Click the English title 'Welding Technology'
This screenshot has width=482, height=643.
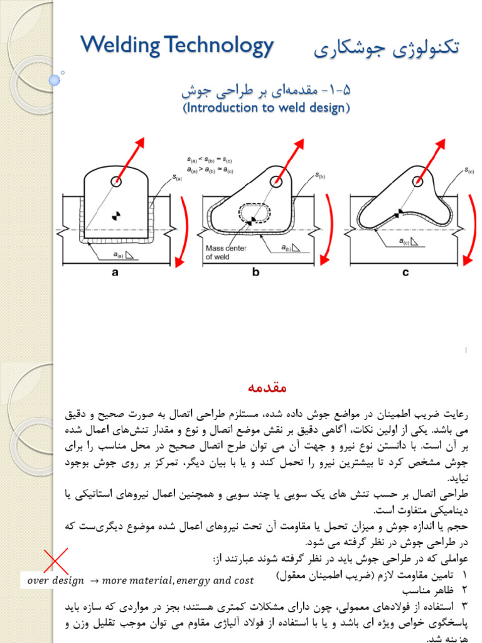[177, 46]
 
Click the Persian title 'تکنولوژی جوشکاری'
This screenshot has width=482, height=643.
[386, 48]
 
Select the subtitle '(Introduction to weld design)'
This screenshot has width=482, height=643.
[266, 107]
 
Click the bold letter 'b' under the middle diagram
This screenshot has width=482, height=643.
[255, 272]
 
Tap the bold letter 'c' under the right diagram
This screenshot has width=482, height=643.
[405, 272]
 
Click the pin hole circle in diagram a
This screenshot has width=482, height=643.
[117, 181]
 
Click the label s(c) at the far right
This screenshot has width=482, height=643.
[469, 170]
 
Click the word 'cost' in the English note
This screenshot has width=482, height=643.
[241, 581]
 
